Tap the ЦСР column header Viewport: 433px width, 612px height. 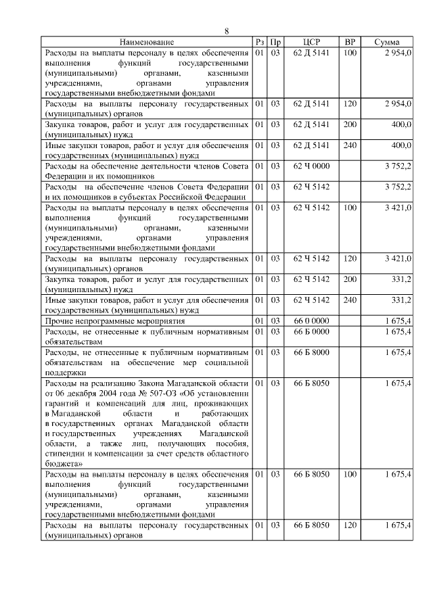click(x=312, y=42)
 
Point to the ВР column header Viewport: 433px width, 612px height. click(x=350, y=42)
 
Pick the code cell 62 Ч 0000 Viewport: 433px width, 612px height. click(x=312, y=166)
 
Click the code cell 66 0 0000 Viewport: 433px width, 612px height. click(x=312, y=321)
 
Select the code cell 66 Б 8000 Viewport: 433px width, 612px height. click(x=312, y=352)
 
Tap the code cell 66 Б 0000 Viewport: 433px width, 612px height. click(x=312, y=331)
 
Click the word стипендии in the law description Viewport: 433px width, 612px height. click(x=66, y=454)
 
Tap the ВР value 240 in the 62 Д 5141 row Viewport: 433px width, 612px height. click(x=350, y=145)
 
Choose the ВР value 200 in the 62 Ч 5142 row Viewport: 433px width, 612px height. click(x=350, y=279)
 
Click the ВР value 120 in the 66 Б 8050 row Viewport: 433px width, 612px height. click(x=350, y=525)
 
